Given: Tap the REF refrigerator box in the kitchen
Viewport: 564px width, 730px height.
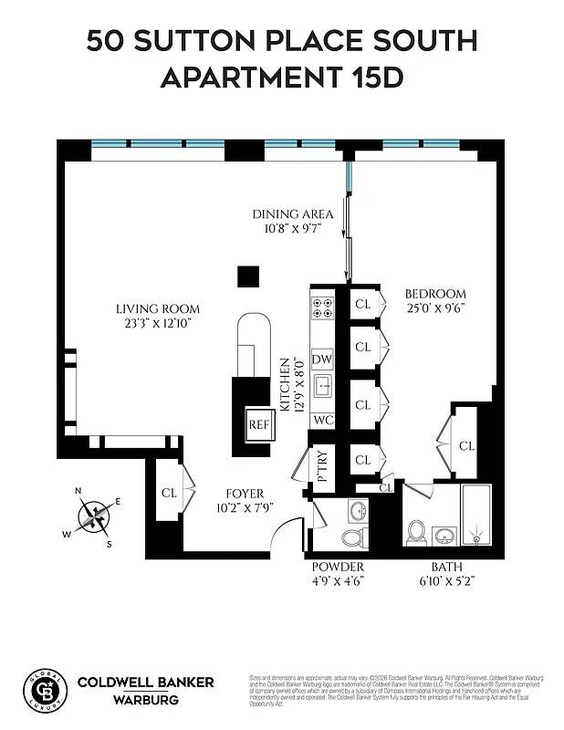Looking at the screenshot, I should coord(258,424).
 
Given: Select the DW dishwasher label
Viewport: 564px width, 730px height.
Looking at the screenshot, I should coord(322,360).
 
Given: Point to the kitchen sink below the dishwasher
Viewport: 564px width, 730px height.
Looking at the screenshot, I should coord(322,388).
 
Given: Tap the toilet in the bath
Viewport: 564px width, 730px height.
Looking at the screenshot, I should coord(416,531).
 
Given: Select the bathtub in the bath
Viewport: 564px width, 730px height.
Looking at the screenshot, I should coord(475,516).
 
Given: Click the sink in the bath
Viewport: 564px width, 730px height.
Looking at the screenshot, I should coord(444,534).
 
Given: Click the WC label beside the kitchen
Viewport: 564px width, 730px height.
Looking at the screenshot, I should coord(322,420).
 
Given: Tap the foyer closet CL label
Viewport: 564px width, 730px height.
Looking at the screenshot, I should coord(169,493).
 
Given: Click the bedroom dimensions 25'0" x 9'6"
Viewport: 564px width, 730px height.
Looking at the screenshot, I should coord(435,308).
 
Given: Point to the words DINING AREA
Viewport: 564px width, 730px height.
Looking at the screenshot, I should coord(292,214).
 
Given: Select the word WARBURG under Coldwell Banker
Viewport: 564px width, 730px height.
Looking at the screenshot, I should coord(145,700).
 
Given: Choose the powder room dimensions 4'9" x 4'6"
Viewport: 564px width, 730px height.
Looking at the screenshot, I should coord(338,579).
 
